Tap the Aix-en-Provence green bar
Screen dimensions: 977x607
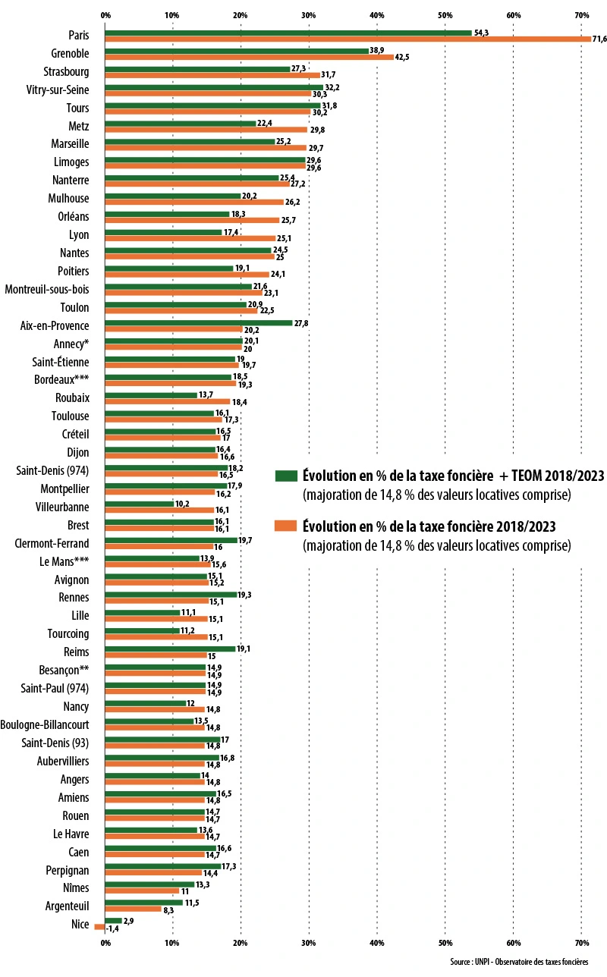[x=198, y=322]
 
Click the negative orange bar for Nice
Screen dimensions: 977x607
[x=99, y=927]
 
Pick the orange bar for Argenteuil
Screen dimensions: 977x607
[x=133, y=909]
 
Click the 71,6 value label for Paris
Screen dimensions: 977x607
[x=599, y=39]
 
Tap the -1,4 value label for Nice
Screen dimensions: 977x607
[x=113, y=928]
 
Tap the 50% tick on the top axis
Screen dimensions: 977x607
[x=445, y=14]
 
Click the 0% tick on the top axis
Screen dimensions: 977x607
[x=105, y=14]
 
